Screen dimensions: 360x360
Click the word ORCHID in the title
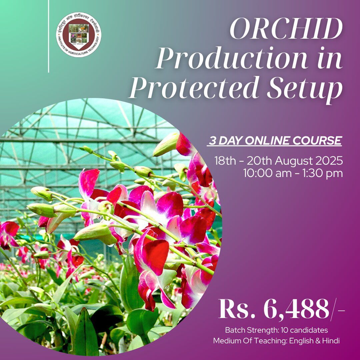click(x=286, y=30)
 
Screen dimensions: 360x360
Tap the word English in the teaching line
click(x=304, y=341)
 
